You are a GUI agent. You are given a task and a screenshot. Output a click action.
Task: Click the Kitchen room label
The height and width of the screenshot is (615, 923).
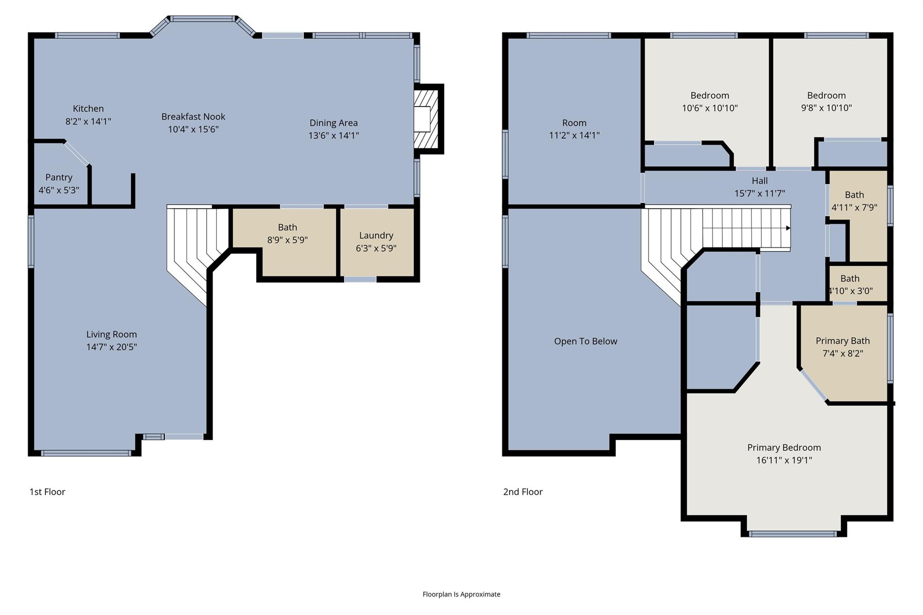point(88,109)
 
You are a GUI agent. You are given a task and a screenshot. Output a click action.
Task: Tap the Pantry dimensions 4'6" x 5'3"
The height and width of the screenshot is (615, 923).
point(59,190)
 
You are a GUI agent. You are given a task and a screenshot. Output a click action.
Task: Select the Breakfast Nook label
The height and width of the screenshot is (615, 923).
point(193,117)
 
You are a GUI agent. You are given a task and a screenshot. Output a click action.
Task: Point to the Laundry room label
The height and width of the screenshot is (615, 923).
point(376,236)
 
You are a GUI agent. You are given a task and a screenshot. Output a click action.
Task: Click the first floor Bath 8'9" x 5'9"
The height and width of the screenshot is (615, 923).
point(287,233)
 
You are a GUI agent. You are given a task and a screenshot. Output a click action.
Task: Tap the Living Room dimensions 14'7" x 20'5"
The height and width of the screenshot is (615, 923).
point(111,347)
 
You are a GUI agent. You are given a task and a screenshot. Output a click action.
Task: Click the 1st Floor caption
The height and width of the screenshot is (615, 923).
point(47,492)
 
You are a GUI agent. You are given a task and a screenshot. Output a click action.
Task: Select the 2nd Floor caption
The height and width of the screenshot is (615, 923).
point(523,492)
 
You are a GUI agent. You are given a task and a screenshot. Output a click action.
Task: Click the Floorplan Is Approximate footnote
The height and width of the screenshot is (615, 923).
point(461,594)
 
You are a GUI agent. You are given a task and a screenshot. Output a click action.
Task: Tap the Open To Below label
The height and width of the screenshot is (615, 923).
point(585,342)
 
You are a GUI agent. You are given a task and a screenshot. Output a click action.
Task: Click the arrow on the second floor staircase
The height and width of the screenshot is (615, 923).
point(788,228)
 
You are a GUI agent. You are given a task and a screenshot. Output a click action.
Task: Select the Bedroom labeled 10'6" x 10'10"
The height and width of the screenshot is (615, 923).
point(709,102)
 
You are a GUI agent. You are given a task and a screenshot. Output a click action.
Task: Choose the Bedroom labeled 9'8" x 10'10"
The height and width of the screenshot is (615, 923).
point(826,102)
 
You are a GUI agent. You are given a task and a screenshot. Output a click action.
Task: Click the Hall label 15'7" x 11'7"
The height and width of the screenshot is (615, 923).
point(759,187)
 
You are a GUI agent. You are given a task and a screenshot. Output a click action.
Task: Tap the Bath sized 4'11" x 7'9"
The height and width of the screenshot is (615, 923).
point(854,201)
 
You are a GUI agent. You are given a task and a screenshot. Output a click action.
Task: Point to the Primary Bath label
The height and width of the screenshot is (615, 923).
point(842,341)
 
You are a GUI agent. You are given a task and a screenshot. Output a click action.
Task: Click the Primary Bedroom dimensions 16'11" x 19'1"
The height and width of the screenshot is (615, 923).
point(784,460)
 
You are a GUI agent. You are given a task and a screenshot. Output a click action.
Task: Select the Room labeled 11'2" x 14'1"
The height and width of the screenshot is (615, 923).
point(574,129)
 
